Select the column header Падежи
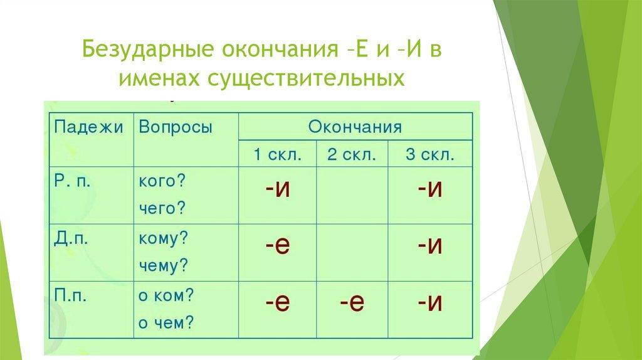point(88,127)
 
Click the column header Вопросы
point(176,127)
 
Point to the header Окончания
point(355,127)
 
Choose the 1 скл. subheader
point(278,155)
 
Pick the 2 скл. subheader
point(352,155)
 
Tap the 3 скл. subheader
point(430,155)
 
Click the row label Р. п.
point(72,181)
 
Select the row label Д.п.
point(71,238)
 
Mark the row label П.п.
point(70,295)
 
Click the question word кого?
point(162,181)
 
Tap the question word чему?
point(163,265)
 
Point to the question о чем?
point(166,323)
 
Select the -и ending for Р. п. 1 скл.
point(278,189)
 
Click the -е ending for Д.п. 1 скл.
point(278,245)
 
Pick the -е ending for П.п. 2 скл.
point(352,303)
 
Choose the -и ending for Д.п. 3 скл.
point(430,245)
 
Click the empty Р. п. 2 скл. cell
point(352,195)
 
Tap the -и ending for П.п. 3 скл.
point(430,303)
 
